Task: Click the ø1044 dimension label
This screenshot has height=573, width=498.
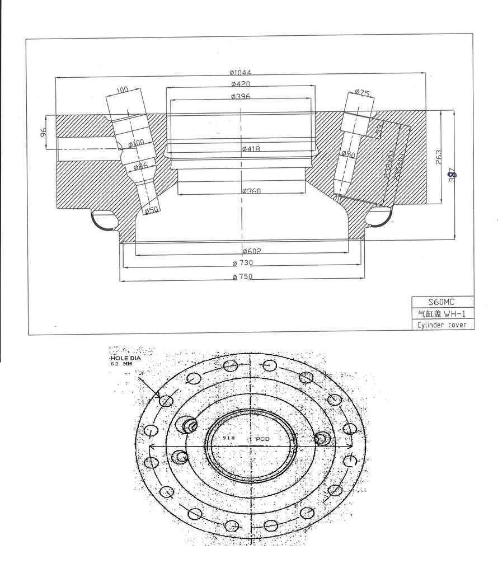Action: pyautogui.click(x=240, y=72)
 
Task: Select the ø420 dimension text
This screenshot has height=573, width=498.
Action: pyautogui.click(x=240, y=84)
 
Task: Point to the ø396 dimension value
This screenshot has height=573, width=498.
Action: pyautogui.click(x=240, y=96)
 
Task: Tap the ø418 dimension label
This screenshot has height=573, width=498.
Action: pyautogui.click(x=251, y=149)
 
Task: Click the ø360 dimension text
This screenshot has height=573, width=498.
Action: pyautogui.click(x=252, y=191)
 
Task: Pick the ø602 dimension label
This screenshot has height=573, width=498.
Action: pyautogui.click(x=252, y=250)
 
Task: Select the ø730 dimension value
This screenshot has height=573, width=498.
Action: pyautogui.click(x=243, y=263)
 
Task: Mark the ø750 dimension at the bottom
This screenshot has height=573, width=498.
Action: pyautogui.click(x=243, y=276)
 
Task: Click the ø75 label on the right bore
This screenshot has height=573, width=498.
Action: pyautogui.click(x=361, y=93)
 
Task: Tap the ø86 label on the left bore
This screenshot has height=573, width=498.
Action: pyautogui.click(x=140, y=166)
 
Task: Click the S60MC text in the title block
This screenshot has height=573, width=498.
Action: pyautogui.click(x=442, y=302)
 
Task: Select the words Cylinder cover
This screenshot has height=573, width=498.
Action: pyautogui.click(x=442, y=325)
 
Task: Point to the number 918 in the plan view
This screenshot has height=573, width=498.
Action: pyautogui.click(x=228, y=439)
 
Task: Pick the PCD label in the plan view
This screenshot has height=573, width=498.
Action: pyautogui.click(x=262, y=439)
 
